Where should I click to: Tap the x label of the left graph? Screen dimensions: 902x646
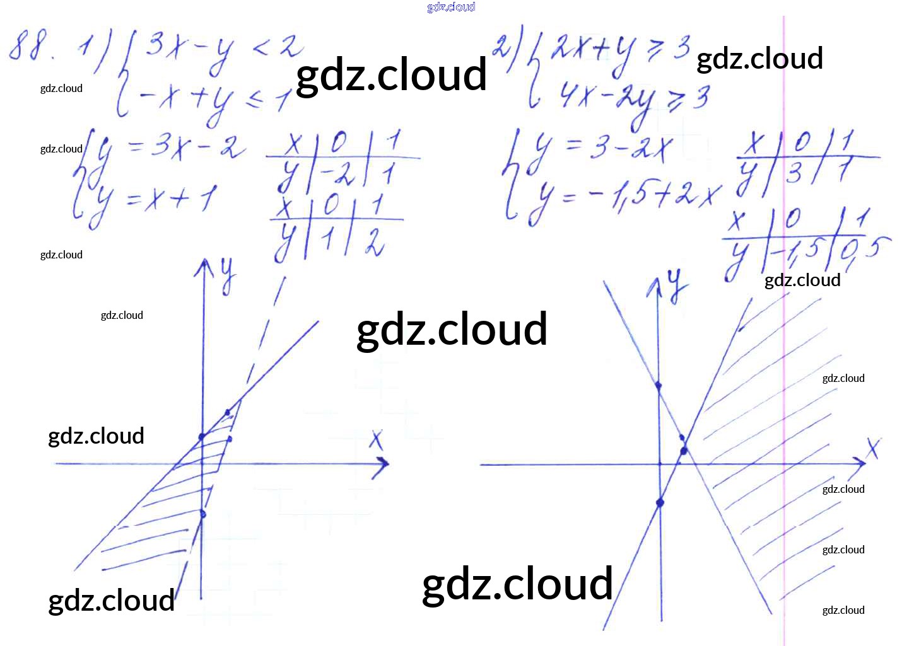point(377,439)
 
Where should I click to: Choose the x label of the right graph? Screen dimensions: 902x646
point(873,449)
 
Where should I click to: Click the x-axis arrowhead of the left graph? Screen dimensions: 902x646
point(384,465)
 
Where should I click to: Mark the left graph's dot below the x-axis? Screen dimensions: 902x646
point(202,514)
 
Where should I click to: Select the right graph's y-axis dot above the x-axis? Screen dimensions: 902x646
point(659,385)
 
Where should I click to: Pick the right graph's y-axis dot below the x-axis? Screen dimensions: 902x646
point(660,503)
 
